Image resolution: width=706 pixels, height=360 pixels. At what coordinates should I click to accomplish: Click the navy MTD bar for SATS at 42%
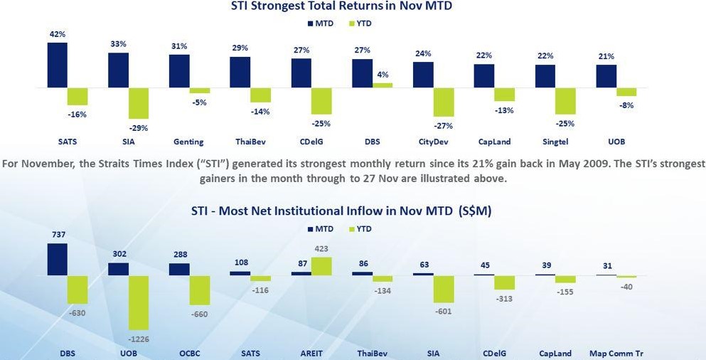[58, 65]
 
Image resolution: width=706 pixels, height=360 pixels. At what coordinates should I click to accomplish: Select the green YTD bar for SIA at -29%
[139, 103]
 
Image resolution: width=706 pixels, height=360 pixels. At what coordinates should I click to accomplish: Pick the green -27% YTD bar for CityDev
[443, 102]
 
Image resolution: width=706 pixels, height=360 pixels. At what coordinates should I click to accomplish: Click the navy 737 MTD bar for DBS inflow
[58, 259]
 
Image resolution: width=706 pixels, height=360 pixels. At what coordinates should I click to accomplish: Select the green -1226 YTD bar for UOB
[139, 302]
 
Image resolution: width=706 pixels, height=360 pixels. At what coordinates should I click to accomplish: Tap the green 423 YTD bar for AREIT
[321, 266]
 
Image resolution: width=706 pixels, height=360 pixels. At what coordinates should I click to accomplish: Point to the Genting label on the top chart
[188, 142]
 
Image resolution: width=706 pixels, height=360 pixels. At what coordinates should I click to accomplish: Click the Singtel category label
[555, 142]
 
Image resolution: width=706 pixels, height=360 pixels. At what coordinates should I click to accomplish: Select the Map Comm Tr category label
[616, 353]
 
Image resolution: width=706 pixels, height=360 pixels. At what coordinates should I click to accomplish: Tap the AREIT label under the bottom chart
[311, 353]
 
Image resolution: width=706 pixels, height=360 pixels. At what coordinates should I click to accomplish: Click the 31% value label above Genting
[179, 47]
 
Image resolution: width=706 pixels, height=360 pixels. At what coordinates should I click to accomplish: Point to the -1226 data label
[139, 339]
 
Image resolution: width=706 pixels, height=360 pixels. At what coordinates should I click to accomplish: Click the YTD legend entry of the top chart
[361, 23]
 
